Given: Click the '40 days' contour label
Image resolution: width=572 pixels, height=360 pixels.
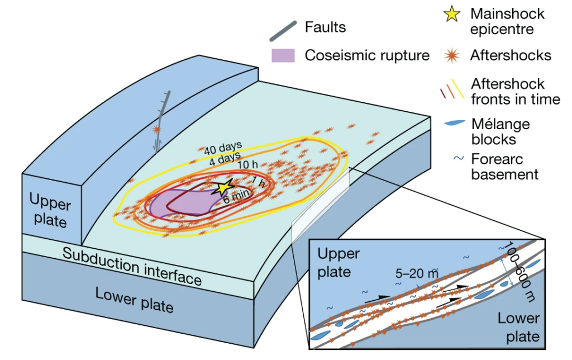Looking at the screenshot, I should tap(218, 148).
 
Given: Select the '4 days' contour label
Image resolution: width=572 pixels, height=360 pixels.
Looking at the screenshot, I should tap(226, 157).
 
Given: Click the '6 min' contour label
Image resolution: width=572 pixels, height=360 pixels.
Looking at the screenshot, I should tap(236, 199).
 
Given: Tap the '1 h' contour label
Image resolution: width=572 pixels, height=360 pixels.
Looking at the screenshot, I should tap(258, 181).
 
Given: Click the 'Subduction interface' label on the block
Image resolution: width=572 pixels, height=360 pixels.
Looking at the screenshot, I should tap(132, 267).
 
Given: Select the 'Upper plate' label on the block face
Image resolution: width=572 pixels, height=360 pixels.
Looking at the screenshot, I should tap(48, 210).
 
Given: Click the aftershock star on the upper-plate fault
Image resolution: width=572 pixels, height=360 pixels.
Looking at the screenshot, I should tap(157, 130).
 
